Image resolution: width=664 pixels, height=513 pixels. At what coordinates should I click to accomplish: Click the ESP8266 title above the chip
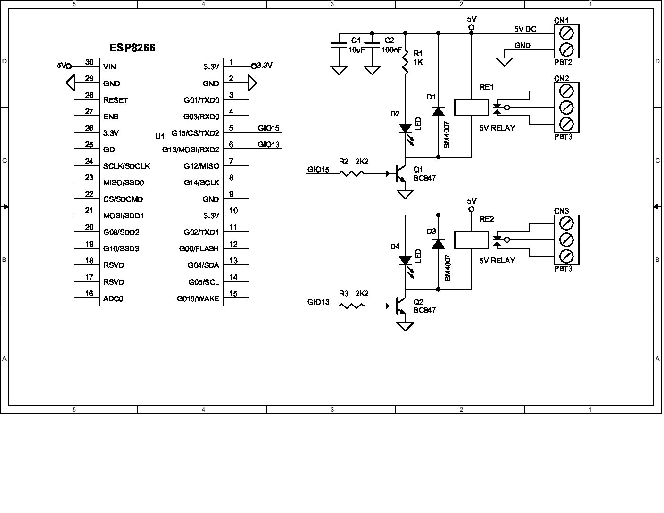pyautogui.click(x=133, y=48)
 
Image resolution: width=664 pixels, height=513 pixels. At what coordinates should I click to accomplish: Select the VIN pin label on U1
pyautogui.click(x=109, y=67)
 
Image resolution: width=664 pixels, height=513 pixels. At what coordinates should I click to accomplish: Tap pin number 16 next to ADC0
pyautogui.click(x=89, y=294)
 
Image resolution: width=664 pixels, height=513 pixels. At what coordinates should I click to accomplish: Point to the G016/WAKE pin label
pyautogui.click(x=198, y=298)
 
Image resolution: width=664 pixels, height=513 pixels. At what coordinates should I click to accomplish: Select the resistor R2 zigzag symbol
pyautogui.click(x=351, y=174)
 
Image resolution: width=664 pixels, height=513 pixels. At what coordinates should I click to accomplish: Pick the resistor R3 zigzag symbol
pyautogui.click(x=351, y=306)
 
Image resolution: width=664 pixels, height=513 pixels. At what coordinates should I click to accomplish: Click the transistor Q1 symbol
pyautogui.click(x=400, y=174)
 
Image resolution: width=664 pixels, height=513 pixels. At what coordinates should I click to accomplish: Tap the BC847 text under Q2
pyautogui.click(x=424, y=310)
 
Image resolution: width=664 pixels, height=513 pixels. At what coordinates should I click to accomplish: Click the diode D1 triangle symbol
pyautogui.click(x=438, y=112)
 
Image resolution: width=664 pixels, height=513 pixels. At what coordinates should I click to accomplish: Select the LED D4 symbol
pyautogui.click(x=405, y=260)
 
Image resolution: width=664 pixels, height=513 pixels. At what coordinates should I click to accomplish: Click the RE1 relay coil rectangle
pyautogui.click(x=471, y=108)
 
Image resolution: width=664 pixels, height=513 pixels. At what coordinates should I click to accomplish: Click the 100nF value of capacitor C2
pyautogui.click(x=391, y=50)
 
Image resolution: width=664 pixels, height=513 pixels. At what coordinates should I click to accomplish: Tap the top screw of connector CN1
pyautogui.click(x=566, y=33)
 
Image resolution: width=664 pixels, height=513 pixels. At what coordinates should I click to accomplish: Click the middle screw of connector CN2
pyautogui.click(x=566, y=107)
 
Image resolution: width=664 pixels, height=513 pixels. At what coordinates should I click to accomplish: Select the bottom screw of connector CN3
pyautogui.click(x=566, y=256)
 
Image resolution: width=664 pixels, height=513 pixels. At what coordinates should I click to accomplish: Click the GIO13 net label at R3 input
pyautogui.click(x=318, y=302)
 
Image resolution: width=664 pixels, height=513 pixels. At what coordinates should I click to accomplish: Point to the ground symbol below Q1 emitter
pyautogui.click(x=405, y=194)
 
